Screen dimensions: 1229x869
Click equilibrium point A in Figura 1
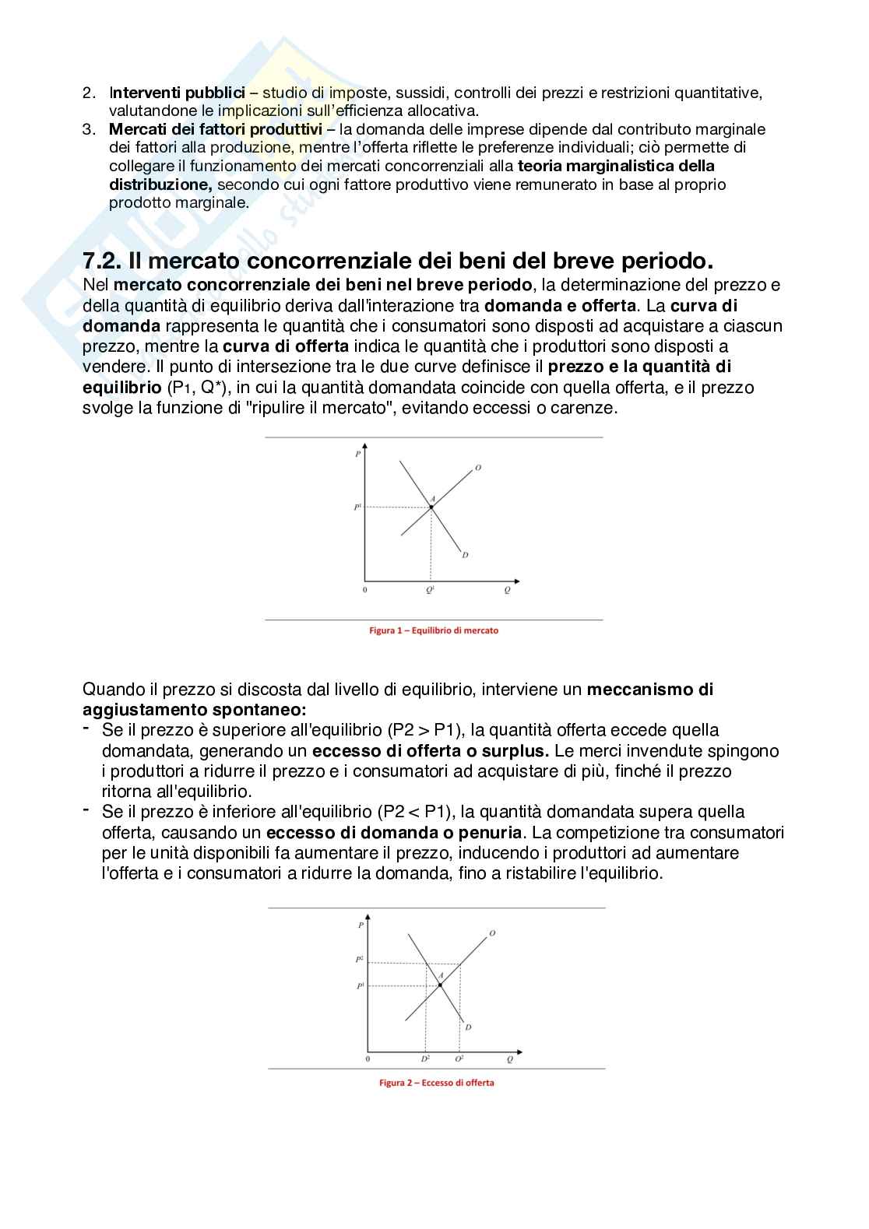431,507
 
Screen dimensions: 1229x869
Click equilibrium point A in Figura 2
440,985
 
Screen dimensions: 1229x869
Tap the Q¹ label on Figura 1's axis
430,591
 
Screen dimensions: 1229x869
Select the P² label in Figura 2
360,959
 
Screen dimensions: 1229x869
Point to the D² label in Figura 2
425,1059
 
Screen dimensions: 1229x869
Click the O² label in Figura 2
459,1059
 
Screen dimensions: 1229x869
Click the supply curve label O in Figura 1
477,468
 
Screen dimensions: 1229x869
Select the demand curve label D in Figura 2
468,1027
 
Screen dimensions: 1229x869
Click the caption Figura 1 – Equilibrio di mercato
434,630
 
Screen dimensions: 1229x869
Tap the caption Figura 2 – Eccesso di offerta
437,1083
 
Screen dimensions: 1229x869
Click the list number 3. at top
89,129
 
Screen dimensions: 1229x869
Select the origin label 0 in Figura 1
365,590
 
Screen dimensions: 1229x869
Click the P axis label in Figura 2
361,925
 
